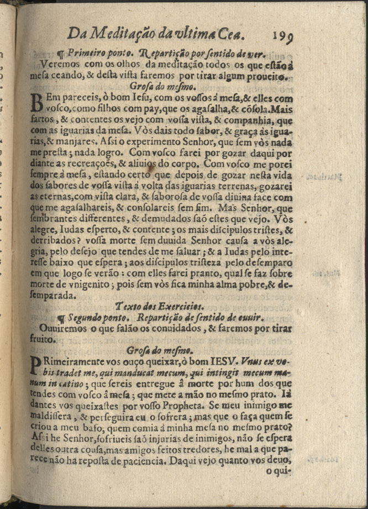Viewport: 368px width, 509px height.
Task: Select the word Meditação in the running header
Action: pyautogui.click(x=121, y=34)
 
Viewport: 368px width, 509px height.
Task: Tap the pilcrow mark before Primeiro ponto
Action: pyautogui.click(x=62, y=54)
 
